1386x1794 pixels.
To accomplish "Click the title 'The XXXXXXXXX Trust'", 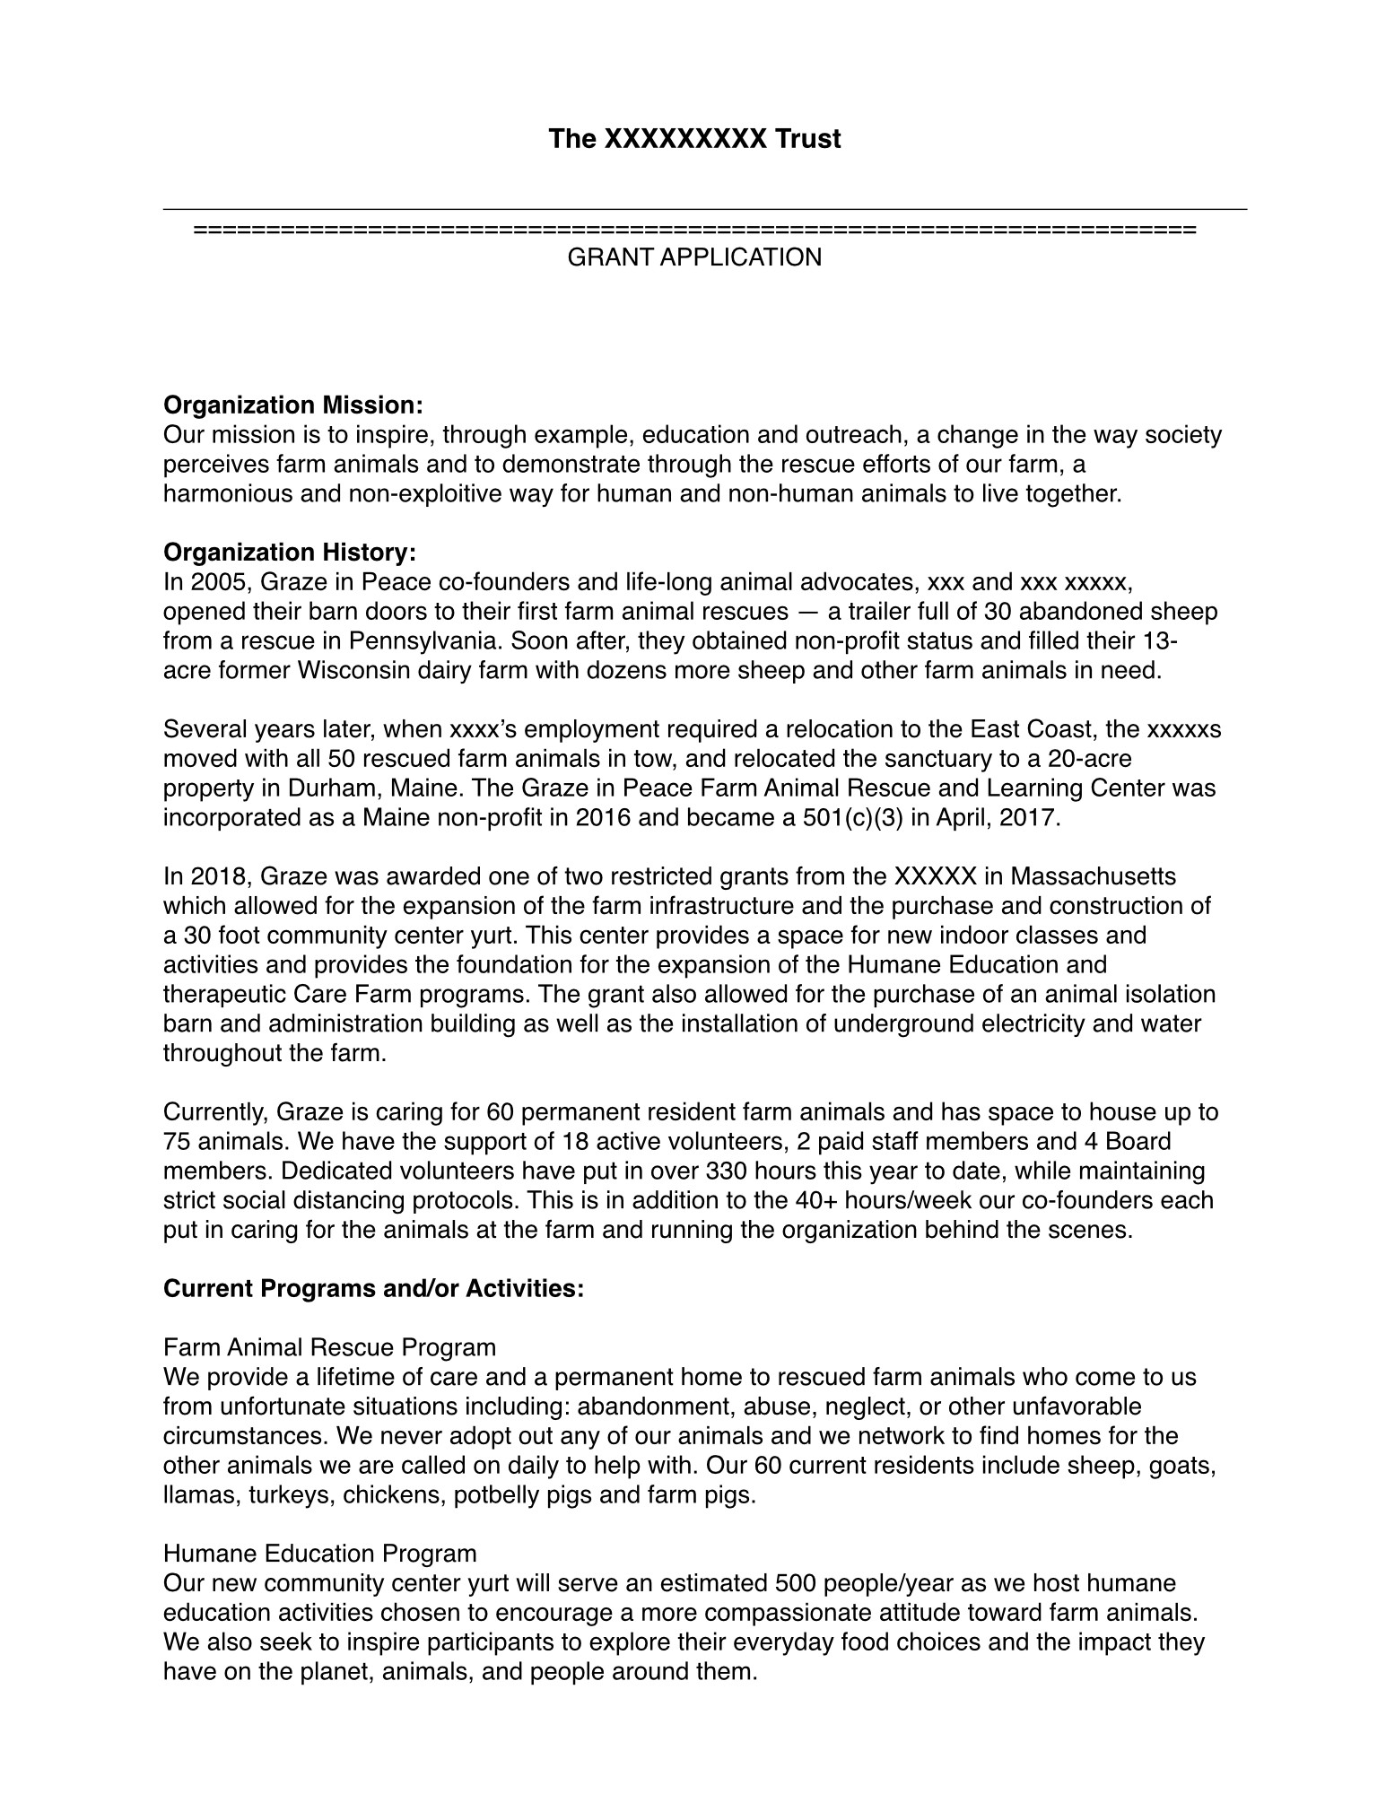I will (x=694, y=139).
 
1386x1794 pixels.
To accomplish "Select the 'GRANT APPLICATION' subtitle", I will (x=694, y=257).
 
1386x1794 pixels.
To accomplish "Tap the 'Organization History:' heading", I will (x=290, y=553).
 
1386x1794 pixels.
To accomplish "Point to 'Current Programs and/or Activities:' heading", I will (x=373, y=1289).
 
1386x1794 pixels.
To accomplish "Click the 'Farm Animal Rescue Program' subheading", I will (x=329, y=1347).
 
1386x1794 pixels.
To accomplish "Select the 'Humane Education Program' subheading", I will (x=319, y=1554).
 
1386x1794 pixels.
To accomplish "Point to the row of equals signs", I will (x=694, y=230).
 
